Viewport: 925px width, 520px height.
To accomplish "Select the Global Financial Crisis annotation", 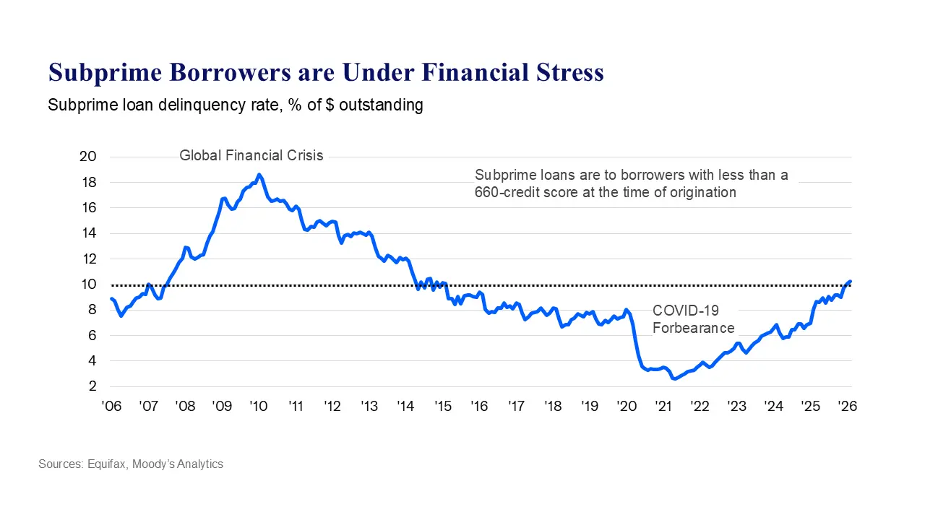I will coord(251,155).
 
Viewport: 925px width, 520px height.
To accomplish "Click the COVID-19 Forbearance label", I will coord(693,319).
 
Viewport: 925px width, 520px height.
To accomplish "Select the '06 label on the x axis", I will coord(111,407).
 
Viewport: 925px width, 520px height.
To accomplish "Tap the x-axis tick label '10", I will coord(259,407).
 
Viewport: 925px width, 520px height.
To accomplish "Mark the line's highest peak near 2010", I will coord(259,175).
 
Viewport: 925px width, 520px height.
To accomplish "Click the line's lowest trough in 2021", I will coord(674,378).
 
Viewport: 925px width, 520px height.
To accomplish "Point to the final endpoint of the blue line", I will coord(851,282).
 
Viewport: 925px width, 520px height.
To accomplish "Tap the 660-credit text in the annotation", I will coord(508,192).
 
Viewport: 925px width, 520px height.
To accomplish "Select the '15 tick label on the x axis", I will coord(443,407).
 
